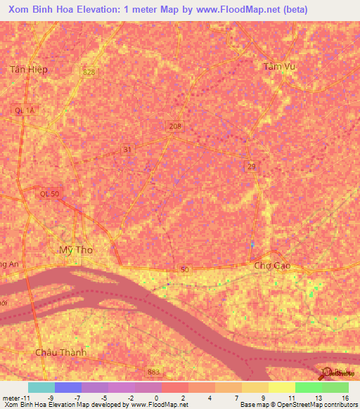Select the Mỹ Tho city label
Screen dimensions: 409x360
pyautogui.click(x=76, y=249)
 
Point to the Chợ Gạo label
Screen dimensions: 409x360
pyautogui.click(x=272, y=266)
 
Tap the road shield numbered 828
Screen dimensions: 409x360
pyautogui.click(x=88, y=72)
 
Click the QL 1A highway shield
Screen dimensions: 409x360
pyautogui.click(x=23, y=110)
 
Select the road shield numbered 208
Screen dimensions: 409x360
pyautogui.click(x=176, y=126)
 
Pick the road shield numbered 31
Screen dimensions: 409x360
pyautogui.click(x=127, y=149)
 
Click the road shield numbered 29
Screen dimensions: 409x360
pyautogui.click(x=252, y=166)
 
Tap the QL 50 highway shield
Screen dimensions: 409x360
pyautogui.click(x=47, y=194)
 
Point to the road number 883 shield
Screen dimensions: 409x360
pyautogui.click(x=155, y=371)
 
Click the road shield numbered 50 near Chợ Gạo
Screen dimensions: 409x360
pyautogui.click(x=184, y=269)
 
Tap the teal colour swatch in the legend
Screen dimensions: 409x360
pyautogui.click(x=41, y=387)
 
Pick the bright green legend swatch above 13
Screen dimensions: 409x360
pyautogui.click(x=308, y=387)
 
